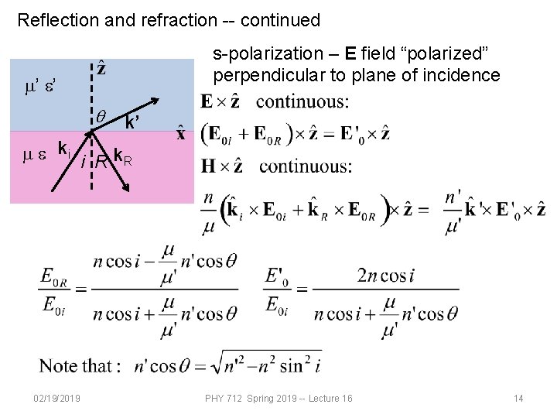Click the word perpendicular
[x=263, y=76]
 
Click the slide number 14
[x=518, y=399]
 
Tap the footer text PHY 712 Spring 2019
[x=255, y=399]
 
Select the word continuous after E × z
[x=302, y=101]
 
